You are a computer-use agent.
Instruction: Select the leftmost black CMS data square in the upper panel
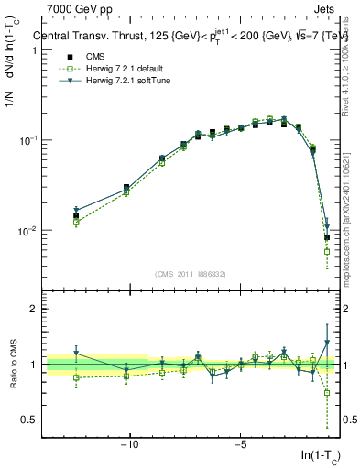[x=76, y=216]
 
